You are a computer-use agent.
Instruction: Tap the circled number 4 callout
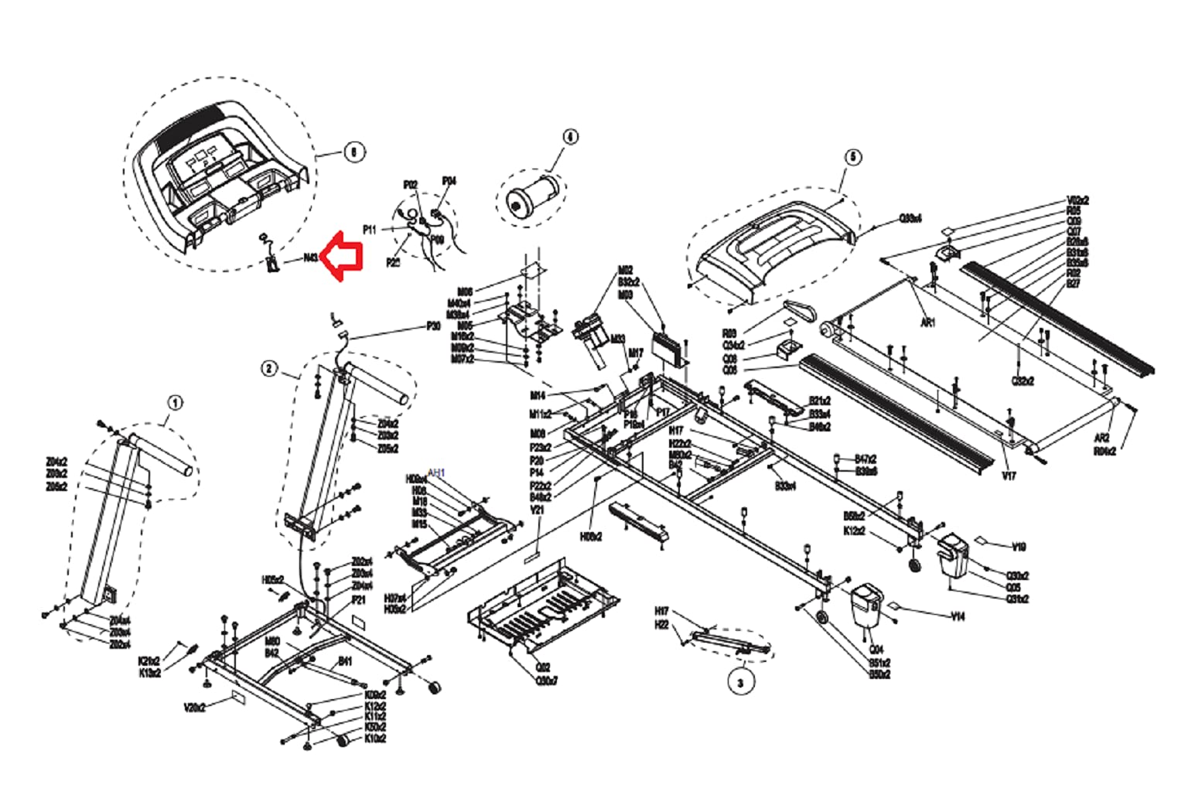pos(569,137)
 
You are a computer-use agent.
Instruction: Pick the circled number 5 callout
pos(853,157)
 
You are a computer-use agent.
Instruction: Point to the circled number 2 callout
pos(268,368)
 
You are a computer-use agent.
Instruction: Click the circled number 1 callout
pos(176,402)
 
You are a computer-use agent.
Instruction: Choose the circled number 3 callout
pos(740,682)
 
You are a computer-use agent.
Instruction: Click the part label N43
pos(311,258)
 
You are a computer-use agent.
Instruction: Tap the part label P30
pos(433,326)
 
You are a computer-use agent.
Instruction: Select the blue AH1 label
pos(436,472)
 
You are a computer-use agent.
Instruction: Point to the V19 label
pos(1019,547)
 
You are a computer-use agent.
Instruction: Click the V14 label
pos(958,616)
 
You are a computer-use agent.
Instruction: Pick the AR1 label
pos(927,322)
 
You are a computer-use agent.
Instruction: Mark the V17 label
pos(1009,476)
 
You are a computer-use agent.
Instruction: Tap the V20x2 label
pos(194,707)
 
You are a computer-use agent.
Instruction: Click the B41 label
pos(345,661)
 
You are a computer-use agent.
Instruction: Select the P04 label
pos(449,181)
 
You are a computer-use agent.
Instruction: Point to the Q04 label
pos(876,650)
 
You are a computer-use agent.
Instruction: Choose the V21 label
pos(537,510)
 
